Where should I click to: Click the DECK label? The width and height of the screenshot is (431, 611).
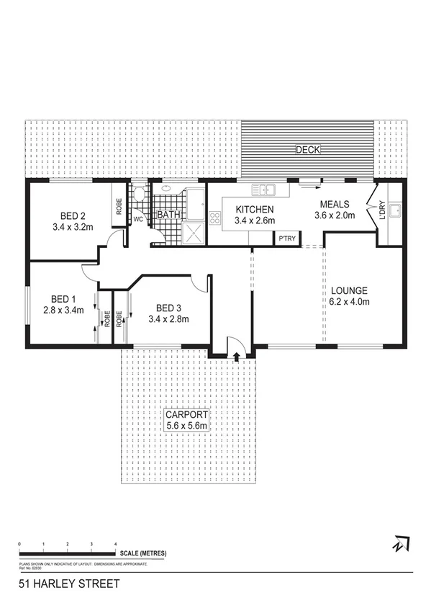[308, 150]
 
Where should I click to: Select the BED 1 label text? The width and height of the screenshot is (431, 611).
[63, 305]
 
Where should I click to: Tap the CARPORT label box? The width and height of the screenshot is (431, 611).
[186, 420]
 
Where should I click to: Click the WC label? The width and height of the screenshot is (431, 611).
[139, 220]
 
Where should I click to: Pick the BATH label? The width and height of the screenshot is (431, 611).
[169, 215]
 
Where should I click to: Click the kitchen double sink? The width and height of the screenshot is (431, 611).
[264, 190]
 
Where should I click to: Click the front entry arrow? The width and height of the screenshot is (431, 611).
[237, 355]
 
